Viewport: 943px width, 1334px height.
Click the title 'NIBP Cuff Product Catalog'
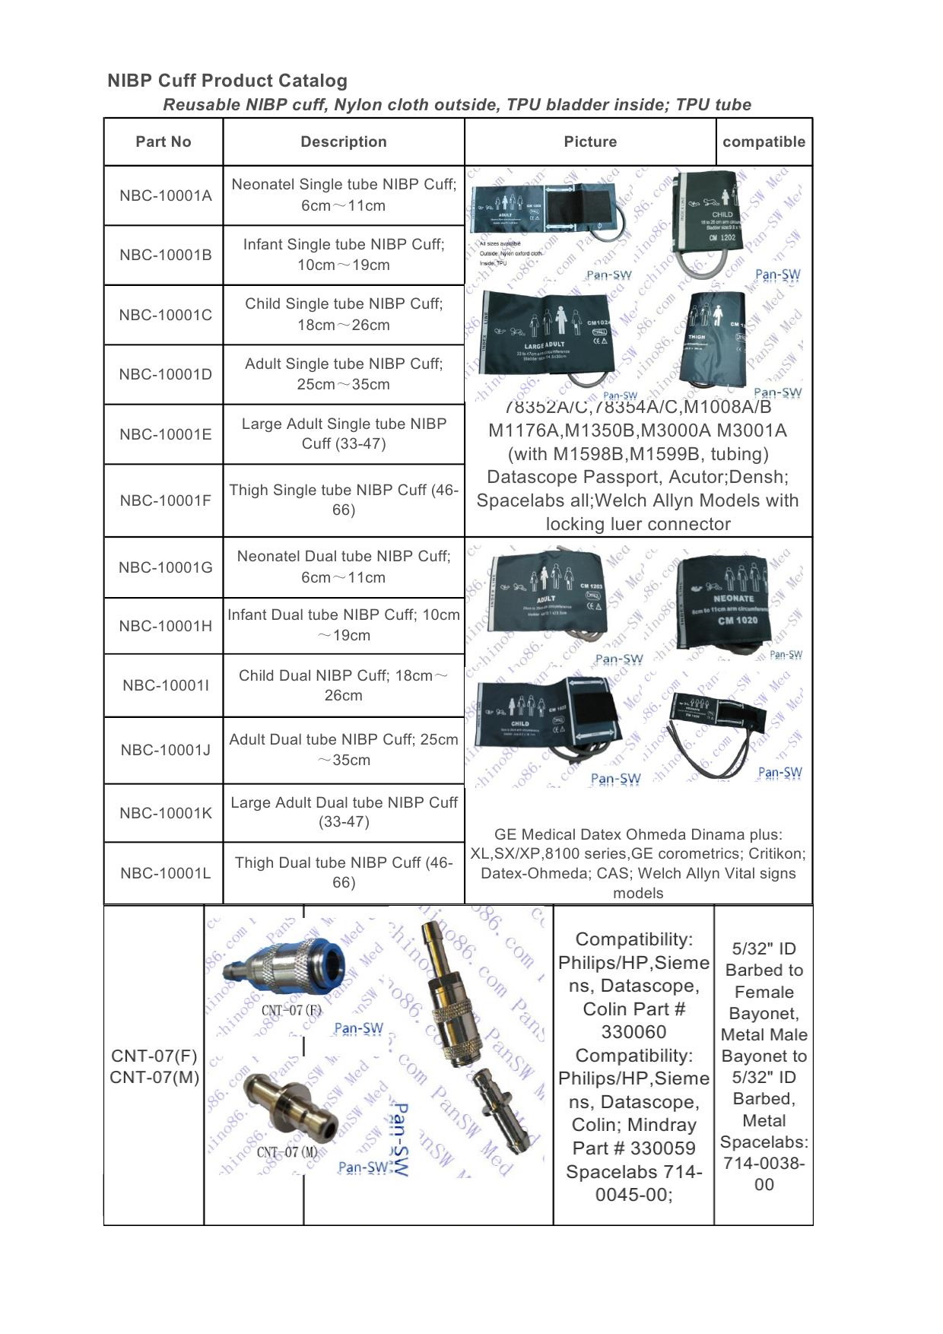coord(227,81)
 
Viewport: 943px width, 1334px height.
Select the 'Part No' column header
coord(163,141)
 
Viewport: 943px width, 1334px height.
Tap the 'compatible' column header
coord(764,141)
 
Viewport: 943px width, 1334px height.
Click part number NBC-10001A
coord(165,195)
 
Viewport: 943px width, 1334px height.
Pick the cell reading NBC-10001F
coord(165,500)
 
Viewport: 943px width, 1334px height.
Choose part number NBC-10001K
coord(165,813)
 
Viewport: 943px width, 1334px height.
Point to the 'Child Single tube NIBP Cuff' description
coord(343,314)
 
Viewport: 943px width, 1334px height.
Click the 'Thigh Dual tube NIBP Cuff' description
coord(343,872)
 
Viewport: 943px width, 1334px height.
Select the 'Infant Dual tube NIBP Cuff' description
coord(343,624)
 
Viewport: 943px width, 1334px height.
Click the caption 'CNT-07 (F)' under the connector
coord(291,1010)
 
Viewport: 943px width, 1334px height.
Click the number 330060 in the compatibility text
coord(633,1032)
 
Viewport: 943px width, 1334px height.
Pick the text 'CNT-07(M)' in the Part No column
coord(154,1077)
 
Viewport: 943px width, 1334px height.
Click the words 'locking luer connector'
coord(637,524)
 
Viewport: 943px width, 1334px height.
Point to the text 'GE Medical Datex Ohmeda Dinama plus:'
coord(637,834)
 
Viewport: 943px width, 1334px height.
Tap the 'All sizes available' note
coord(500,243)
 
